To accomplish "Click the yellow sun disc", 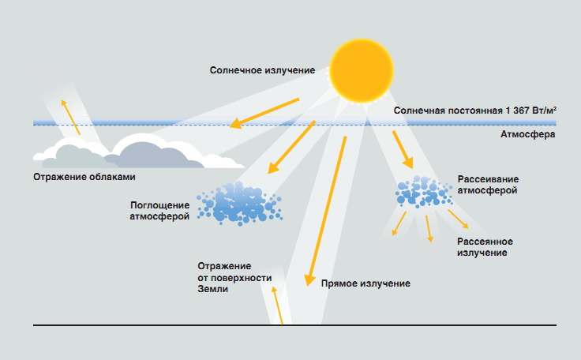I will [x=361, y=69].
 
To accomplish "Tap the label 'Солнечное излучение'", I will [x=262, y=70].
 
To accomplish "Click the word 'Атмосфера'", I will [x=527, y=135].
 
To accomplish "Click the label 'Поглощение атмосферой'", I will [x=160, y=210].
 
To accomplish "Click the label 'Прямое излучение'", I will [x=365, y=283].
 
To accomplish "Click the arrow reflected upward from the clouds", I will [x=70, y=115].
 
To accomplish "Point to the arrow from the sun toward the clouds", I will [x=265, y=112].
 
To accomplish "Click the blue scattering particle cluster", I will [x=421, y=190].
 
